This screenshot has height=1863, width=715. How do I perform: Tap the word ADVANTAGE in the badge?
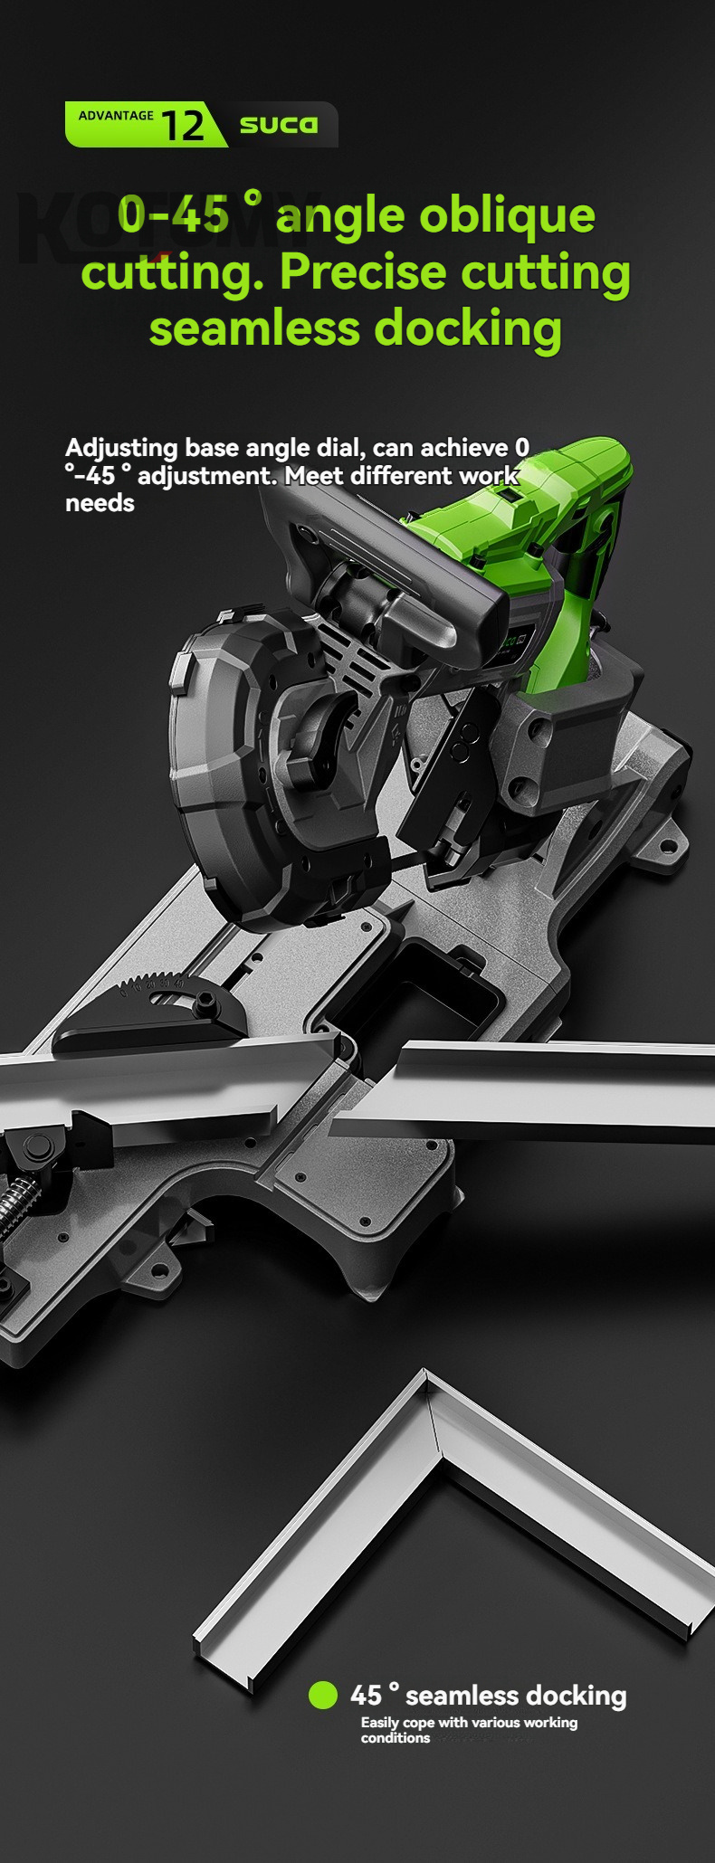point(116,116)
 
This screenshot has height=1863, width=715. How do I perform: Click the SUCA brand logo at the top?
point(279,125)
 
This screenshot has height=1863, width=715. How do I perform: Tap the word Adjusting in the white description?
point(121,448)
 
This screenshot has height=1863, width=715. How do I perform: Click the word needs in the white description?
point(100,503)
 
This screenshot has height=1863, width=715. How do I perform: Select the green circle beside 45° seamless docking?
point(323,1696)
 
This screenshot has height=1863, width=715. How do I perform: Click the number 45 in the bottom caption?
point(367,1695)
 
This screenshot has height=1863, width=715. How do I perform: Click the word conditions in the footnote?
point(396,1738)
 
